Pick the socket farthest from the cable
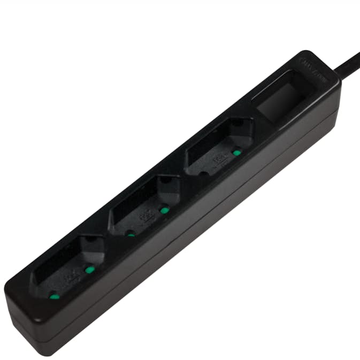(x=70, y=267)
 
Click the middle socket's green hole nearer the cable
(x=164, y=210)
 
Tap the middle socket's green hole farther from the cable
(x=130, y=233)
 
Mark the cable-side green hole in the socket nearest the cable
(x=236, y=153)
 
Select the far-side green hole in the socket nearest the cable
(x=205, y=174)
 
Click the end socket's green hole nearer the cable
(x=90, y=269)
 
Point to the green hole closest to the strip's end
(x=53, y=295)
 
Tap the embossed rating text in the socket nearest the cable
(x=218, y=159)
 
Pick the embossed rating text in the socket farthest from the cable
(x=70, y=277)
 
